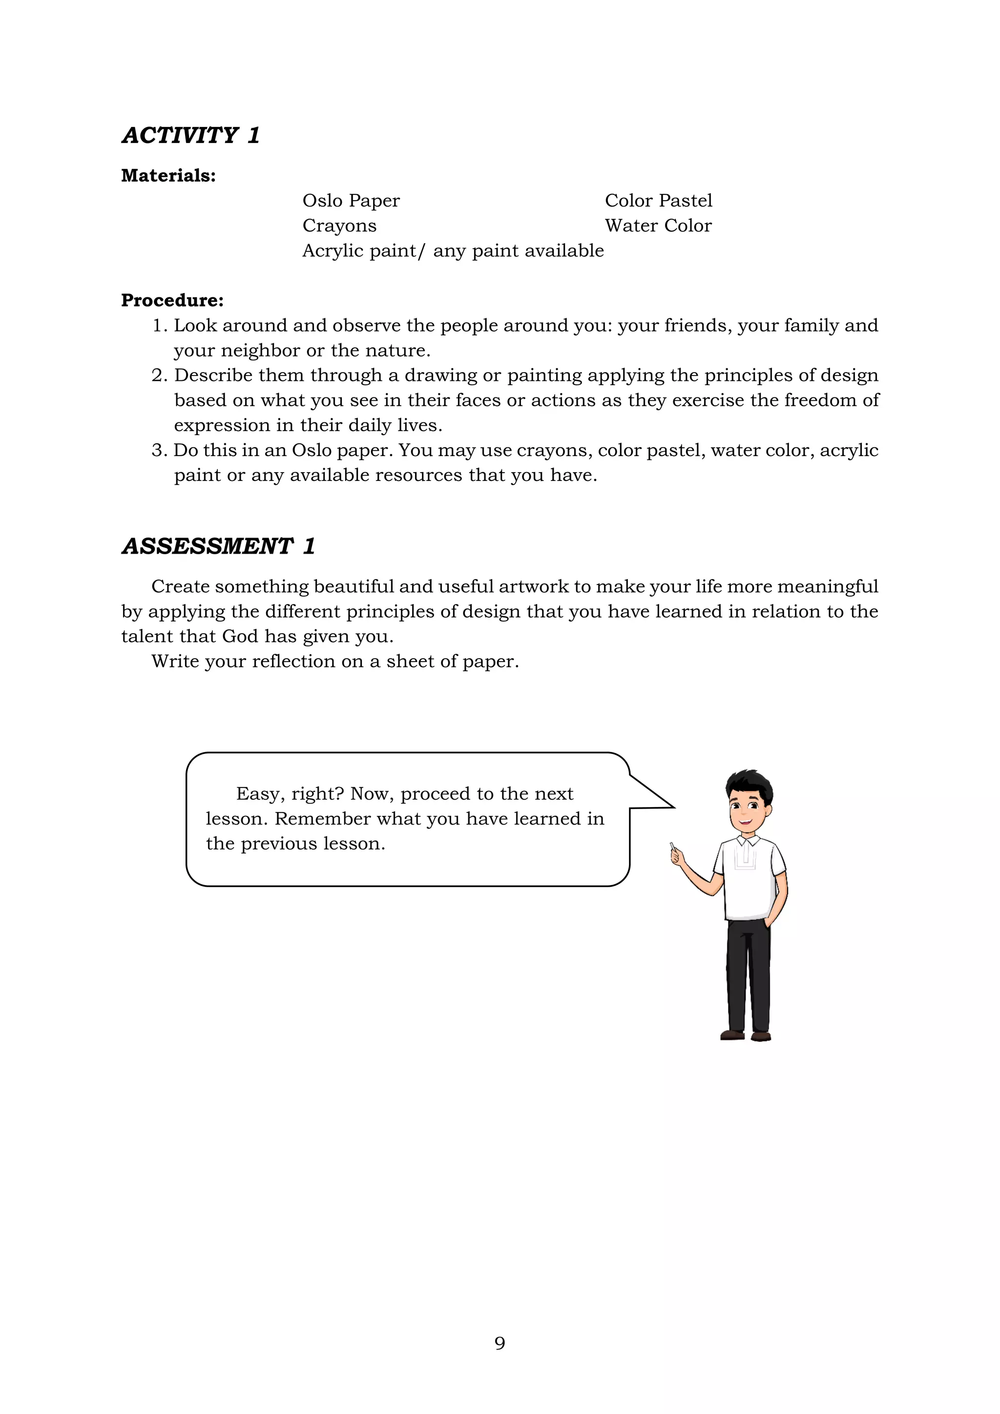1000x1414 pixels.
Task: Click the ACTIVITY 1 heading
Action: (191, 135)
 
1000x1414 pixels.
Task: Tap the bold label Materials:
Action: (168, 176)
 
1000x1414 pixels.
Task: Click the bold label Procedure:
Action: (172, 301)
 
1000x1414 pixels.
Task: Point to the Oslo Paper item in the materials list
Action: (351, 201)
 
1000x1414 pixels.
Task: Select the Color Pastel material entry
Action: (658, 201)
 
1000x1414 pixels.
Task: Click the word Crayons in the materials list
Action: (339, 226)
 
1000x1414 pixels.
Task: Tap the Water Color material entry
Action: (658, 226)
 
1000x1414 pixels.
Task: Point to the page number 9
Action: (500, 1343)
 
